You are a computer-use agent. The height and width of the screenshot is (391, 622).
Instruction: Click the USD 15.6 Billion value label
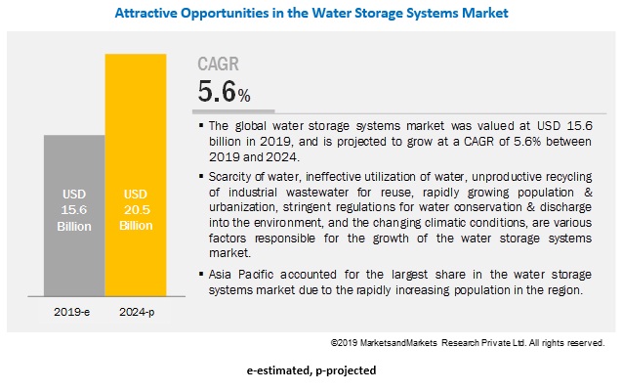tap(74, 209)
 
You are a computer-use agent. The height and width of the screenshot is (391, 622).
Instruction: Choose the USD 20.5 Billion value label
tap(135, 209)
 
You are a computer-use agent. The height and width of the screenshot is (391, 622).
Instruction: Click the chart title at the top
tap(311, 14)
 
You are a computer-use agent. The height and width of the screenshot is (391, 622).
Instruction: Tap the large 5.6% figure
tap(223, 93)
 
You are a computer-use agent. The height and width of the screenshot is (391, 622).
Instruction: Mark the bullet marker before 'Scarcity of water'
tap(200, 174)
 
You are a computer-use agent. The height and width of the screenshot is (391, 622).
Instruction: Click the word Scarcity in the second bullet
tap(231, 174)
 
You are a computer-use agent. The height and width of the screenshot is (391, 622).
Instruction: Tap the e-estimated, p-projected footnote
tap(311, 371)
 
